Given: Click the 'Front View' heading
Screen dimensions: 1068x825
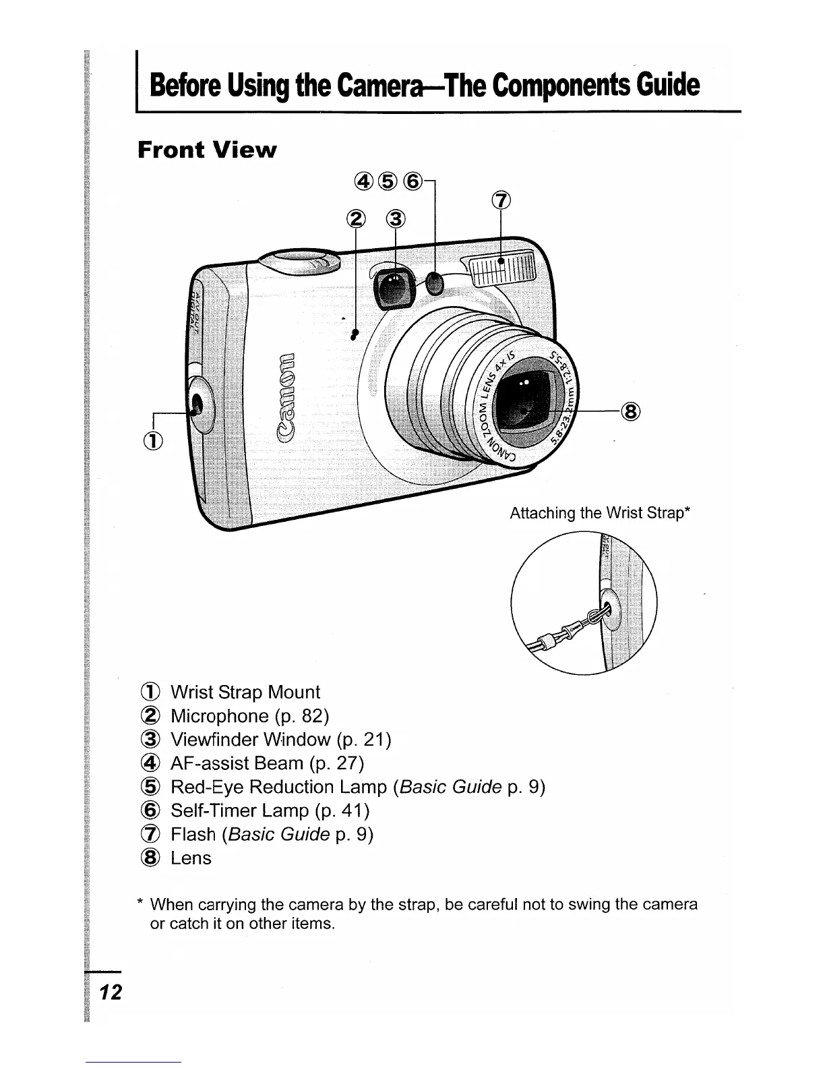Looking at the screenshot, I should [206, 150].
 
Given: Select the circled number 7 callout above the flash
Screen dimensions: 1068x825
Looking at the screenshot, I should [501, 200].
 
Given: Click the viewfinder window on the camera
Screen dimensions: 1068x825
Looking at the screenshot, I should [393, 286].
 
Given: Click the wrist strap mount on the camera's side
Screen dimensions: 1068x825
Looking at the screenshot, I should [197, 405].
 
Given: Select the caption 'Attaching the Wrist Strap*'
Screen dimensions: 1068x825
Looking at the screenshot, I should [600, 514].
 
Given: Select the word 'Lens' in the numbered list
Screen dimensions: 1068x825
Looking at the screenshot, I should [191, 858].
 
